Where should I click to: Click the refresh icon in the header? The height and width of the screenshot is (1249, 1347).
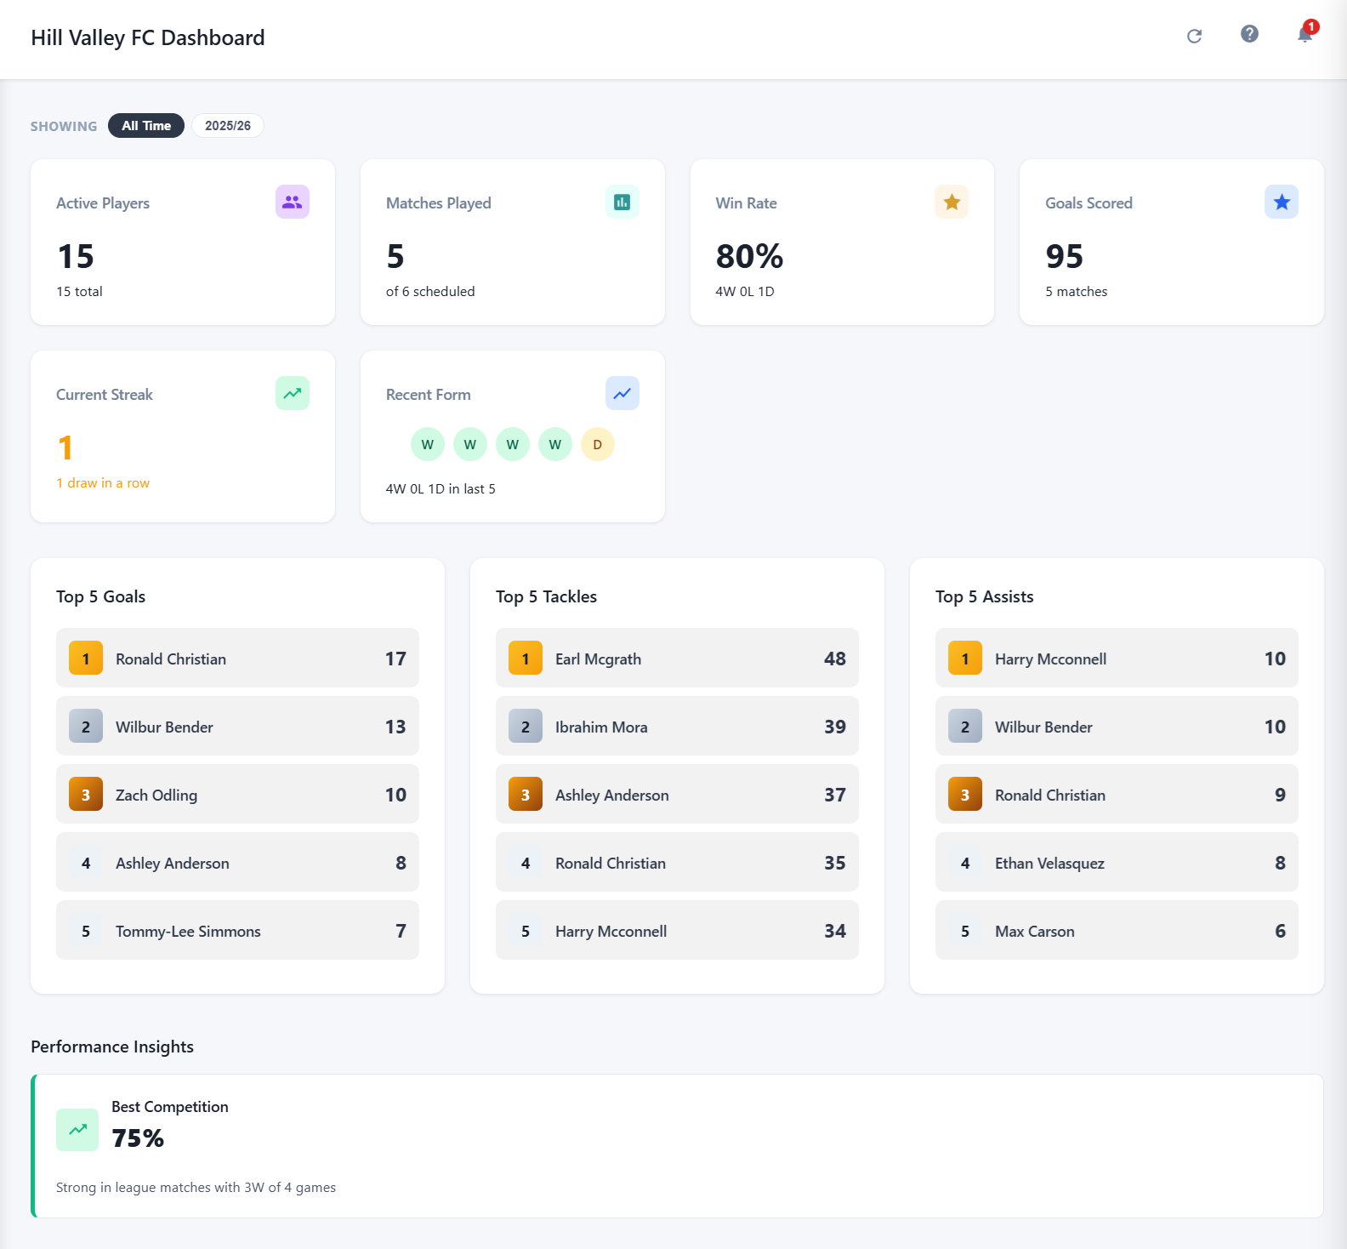(1194, 36)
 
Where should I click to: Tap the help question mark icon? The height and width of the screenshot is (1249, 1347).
(1249, 34)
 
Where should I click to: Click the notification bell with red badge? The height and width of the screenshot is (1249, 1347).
(1304, 35)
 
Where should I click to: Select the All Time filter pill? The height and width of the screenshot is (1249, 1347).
(146, 126)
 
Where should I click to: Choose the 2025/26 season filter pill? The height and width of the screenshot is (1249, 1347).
(228, 126)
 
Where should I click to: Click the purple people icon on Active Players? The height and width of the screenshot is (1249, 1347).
(292, 202)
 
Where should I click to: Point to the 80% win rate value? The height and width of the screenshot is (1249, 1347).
(749, 256)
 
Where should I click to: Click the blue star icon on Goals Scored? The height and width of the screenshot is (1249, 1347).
(1281, 202)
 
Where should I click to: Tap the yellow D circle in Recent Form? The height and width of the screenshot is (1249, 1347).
(597, 444)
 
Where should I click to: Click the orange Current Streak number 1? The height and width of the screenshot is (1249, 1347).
(65, 448)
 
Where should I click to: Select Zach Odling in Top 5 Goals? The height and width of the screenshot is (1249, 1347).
(156, 795)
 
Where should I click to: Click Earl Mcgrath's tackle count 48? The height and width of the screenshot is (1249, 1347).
(834, 659)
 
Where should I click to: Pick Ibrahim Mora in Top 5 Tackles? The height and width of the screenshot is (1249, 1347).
(601, 727)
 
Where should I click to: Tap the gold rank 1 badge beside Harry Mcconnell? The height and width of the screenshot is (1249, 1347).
(964, 659)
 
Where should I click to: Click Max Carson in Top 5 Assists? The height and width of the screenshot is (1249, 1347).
(1034, 931)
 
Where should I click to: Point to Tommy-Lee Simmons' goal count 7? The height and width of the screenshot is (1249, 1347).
(401, 931)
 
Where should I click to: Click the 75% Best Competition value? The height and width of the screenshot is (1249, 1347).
(138, 1138)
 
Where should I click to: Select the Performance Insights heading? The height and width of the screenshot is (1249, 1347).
(112, 1047)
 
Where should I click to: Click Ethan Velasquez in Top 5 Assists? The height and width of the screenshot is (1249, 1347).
(1049, 863)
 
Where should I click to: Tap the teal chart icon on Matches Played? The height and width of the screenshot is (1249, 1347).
(622, 202)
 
